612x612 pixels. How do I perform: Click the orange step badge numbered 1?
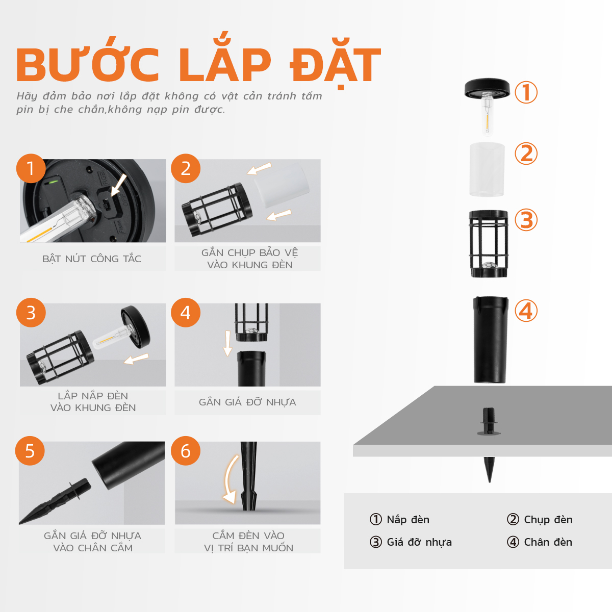pos(31,168)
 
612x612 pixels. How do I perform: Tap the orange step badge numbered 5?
pos(30,451)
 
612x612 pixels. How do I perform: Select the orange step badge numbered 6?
pos(186,451)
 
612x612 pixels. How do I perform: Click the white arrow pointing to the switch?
pos(119,185)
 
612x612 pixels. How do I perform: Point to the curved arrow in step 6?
pos(227,479)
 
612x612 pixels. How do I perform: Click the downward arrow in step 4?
pos(227,343)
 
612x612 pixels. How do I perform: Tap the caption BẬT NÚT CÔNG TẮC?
pos(91,259)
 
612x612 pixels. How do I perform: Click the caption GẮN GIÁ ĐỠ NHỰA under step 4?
pos(247,402)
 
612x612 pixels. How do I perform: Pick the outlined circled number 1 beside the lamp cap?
pos(526,92)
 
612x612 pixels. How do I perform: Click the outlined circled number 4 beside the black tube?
pos(526,311)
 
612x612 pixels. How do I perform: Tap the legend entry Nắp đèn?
pos(399,520)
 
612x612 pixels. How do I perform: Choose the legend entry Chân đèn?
pos(540,542)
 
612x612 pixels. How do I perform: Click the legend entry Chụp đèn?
pos(540,520)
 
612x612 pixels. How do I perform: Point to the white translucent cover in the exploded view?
pos(487,170)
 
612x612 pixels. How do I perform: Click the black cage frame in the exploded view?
pos(489,244)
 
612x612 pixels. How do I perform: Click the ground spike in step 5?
pos(55,501)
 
